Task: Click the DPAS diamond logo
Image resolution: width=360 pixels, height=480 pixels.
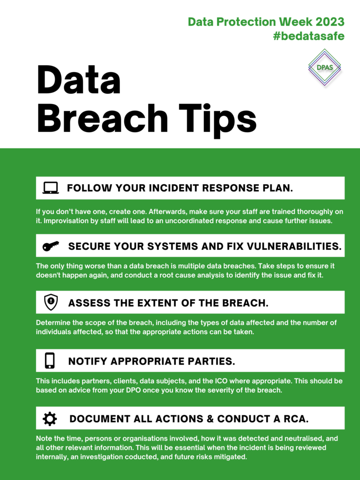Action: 324,67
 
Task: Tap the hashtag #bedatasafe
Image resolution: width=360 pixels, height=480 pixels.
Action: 308,36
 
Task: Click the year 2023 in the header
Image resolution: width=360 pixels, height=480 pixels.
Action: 330,22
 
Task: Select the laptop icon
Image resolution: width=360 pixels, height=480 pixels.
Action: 51,188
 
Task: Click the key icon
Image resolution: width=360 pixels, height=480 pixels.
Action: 51,246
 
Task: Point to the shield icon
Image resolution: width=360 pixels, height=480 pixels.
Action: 51,302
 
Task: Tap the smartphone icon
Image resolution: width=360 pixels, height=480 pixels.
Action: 50,360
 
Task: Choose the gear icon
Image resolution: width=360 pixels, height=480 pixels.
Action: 50,419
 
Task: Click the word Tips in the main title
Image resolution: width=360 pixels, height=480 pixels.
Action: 217,120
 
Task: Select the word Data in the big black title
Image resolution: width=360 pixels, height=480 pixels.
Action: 79,79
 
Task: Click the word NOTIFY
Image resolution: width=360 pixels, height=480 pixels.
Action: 88,361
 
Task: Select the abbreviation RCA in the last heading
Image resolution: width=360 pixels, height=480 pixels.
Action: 296,419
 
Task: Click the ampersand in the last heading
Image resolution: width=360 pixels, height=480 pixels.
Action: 210,419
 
